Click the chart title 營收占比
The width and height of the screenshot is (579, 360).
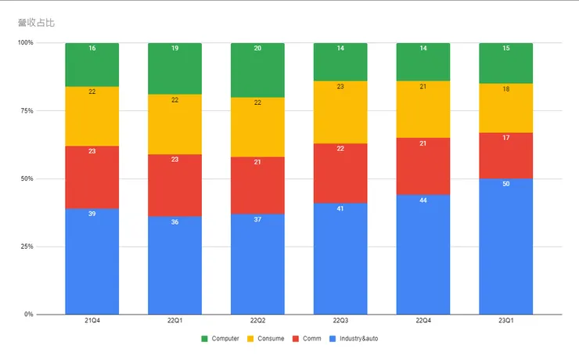pos(36,22)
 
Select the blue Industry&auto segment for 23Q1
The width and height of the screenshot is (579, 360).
pos(505,247)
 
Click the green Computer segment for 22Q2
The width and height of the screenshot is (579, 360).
pos(257,70)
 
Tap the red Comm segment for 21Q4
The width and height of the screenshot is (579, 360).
pos(92,178)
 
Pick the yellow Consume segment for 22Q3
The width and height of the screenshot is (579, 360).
pos(340,112)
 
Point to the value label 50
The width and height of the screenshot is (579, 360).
pos(505,184)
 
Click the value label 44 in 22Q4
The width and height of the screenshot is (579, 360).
pos(423,200)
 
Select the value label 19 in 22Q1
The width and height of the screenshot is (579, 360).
pos(174,49)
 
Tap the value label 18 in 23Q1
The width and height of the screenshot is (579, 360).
pos(505,90)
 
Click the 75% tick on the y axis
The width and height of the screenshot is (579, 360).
pos(26,111)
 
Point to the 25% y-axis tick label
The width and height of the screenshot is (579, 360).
pos(26,247)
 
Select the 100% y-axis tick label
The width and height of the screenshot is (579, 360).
pos(24,43)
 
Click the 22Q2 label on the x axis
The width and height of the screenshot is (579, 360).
pos(257,321)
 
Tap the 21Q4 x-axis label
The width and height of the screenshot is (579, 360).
pos(92,321)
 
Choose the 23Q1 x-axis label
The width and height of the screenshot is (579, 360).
pos(505,321)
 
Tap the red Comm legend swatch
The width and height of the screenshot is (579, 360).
pos(296,339)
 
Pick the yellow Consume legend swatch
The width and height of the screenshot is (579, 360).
pos(250,339)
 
